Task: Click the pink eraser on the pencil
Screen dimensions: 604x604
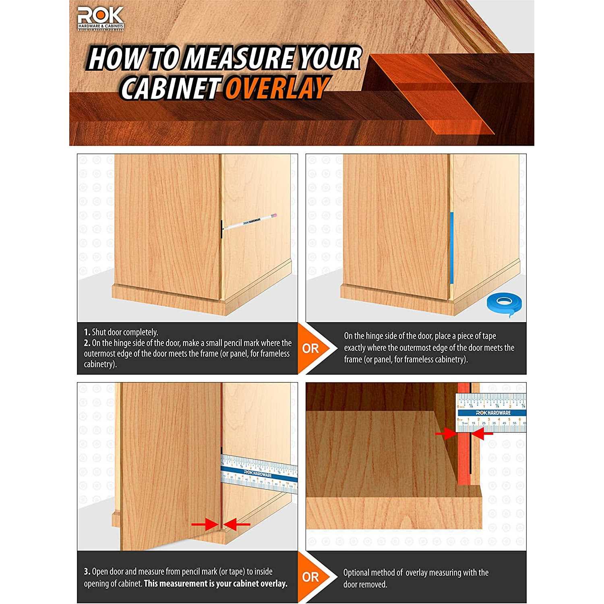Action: tap(276, 216)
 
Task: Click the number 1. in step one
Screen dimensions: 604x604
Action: tap(87, 333)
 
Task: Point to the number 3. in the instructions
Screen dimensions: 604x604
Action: tap(87, 572)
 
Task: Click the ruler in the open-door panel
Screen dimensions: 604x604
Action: tap(260, 474)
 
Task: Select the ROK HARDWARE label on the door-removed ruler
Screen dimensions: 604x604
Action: tap(493, 413)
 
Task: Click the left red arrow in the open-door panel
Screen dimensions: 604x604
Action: tap(205, 524)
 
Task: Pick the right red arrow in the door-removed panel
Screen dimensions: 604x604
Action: tap(482, 434)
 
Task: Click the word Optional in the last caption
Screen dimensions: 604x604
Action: tap(356, 573)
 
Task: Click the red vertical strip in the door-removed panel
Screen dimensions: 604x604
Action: tap(464, 443)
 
